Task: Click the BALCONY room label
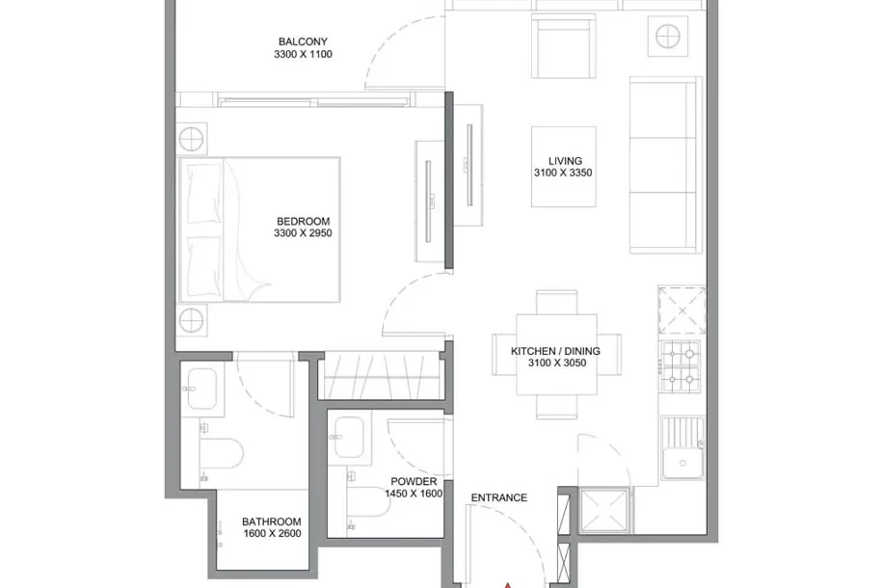pos(303,41)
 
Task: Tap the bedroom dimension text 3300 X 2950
pos(303,233)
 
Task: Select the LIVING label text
pos(565,161)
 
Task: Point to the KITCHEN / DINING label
pos(555,351)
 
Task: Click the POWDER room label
pos(414,482)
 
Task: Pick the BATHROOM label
pos(272,521)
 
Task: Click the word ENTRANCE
pos(499,498)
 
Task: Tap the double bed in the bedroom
pos(259,229)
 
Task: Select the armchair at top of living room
pos(564,46)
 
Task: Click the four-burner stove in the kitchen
pos(681,366)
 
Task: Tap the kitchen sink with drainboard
pos(682,448)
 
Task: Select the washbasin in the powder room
pos(349,437)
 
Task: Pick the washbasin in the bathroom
pos(201,388)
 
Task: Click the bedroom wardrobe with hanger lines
pos(381,376)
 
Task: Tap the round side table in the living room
pos(667,37)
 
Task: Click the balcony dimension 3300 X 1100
pos(303,54)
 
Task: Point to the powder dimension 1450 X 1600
pos(414,494)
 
